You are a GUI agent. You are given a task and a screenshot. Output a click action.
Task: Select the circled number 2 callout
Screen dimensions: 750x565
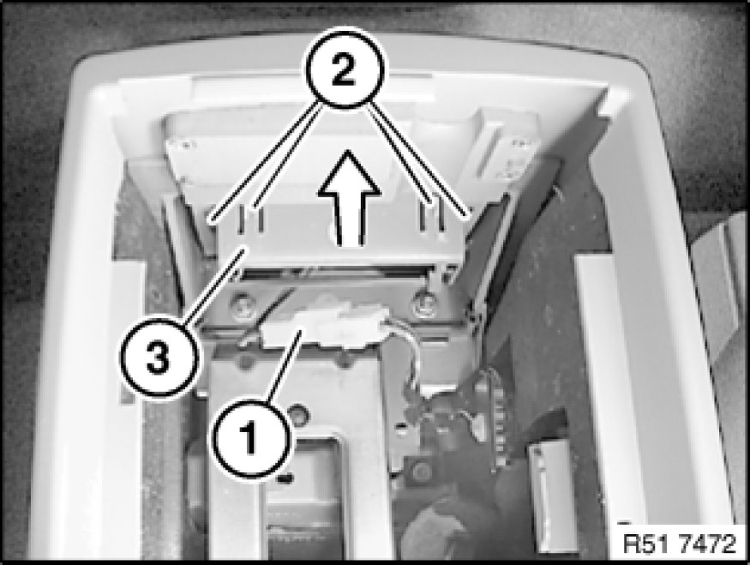pos(345,69)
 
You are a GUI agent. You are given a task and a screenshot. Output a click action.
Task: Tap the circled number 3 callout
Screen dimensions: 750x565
pos(159,357)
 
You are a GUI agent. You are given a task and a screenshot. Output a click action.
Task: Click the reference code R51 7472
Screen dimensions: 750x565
pos(680,544)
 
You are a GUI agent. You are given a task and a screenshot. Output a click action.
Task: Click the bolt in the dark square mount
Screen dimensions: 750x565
pos(422,472)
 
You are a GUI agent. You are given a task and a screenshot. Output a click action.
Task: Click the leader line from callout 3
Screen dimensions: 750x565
pos(214,286)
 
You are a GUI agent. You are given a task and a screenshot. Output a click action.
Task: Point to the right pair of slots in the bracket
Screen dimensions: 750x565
pos(432,218)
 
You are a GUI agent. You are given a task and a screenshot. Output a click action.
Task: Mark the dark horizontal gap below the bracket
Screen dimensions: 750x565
pos(334,273)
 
